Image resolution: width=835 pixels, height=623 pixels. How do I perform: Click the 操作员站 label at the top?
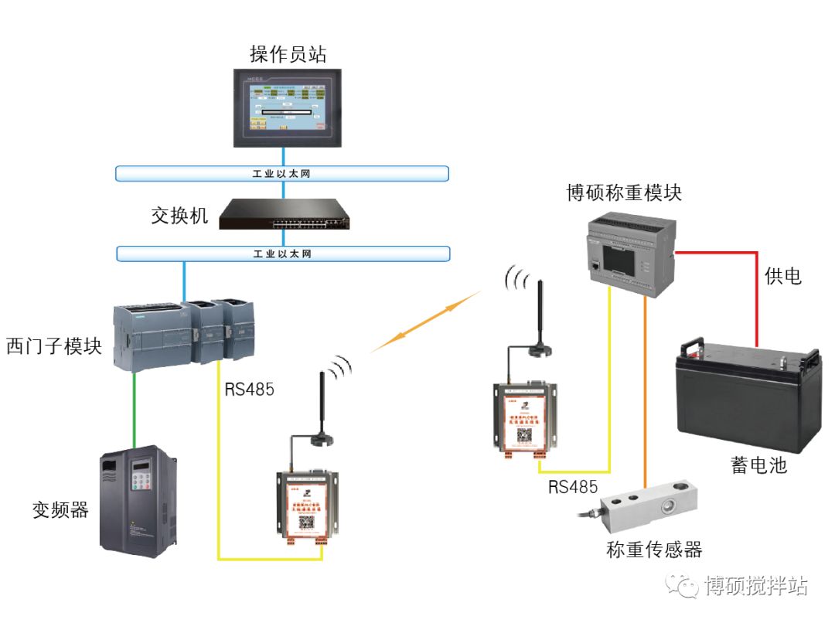pyautogui.click(x=288, y=54)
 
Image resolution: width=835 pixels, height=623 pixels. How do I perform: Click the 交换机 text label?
pyautogui.click(x=180, y=215)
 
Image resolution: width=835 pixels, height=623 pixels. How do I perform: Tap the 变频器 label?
pyautogui.click(x=60, y=509)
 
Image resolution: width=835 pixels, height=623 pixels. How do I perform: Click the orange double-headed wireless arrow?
pyautogui.click(x=424, y=322)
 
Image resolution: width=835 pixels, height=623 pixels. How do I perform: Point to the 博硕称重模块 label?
pyautogui.click(x=624, y=192)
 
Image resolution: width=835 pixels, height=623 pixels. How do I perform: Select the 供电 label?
pyautogui.click(x=782, y=275)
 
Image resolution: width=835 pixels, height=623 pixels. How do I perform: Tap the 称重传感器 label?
pyautogui.click(x=654, y=550)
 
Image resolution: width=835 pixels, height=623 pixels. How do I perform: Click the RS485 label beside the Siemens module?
pyautogui.click(x=250, y=389)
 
